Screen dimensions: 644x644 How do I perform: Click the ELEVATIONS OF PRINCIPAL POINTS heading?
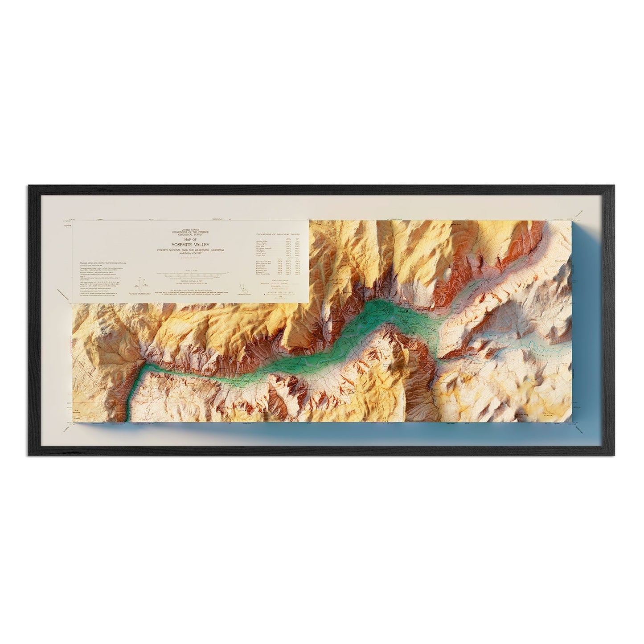coord(278,234)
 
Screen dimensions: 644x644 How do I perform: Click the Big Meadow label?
coord(78,408)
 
